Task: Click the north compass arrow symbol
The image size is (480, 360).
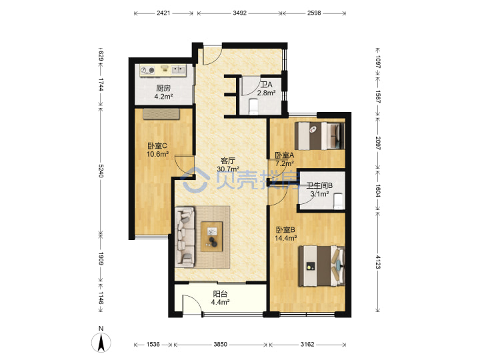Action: pyautogui.click(x=101, y=342)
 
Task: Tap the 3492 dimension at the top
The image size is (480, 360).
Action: pyautogui.click(x=240, y=13)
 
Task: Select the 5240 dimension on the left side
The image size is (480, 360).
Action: pyautogui.click(x=101, y=171)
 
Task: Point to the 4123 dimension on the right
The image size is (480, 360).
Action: pyautogui.click(x=378, y=262)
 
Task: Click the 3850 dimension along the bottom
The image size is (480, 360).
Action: pyautogui.click(x=220, y=345)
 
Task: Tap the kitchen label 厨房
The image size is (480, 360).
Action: pyautogui.click(x=163, y=89)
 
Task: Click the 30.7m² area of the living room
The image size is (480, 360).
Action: pyautogui.click(x=228, y=169)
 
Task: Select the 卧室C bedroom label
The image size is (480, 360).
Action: pyautogui.click(x=157, y=146)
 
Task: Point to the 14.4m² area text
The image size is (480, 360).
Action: pyautogui.click(x=286, y=238)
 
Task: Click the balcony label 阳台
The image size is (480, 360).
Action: pyautogui.click(x=220, y=294)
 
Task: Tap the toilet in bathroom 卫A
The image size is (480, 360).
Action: pyautogui.click(x=253, y=106)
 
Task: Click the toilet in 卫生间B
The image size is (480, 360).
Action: pyautogui.click(x=337, y=201)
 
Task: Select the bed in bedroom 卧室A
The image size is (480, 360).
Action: pyautogui.click(x=319, y=136)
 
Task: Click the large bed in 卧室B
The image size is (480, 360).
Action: pyautogui.click(x=321, y=266)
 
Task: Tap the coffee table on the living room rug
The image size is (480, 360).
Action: pyautogui.click(x=211, y=236)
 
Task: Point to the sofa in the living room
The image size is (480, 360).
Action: pyautogui.click(x=185, y=237)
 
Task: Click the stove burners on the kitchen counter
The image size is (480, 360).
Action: pyautogui.click(x=147, y=71)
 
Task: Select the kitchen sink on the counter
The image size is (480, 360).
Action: pyautogui.click(x=178, y=70)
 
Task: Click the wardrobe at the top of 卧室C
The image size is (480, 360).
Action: pyautogui.click(x=161, y=113)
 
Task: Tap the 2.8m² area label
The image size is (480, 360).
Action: pyautogui.click(x=266, y=93)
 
